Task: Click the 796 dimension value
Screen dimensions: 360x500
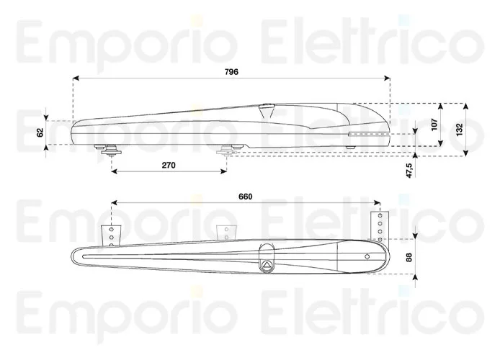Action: tap(230, 71)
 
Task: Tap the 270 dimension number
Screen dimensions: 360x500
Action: tap(169, 166)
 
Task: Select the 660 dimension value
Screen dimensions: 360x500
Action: tap(245, 198)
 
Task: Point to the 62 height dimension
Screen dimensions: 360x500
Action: tap(41, 131)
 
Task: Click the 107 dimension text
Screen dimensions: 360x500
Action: tap(434, 124)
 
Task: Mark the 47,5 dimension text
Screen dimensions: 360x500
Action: tap(409, 171)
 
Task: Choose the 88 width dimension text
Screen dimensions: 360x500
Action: tap(409, 257)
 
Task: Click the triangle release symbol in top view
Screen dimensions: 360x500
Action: tap(267, 264)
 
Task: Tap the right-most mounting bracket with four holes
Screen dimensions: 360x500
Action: tap(380, 225)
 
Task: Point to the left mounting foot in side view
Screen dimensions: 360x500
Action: tap(112, 149)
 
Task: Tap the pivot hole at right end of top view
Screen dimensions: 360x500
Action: tap(366, 256)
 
